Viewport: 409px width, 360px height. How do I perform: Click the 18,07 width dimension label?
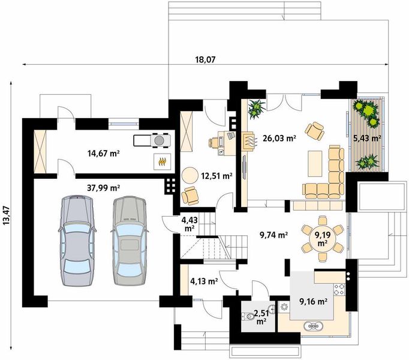coord(206,59)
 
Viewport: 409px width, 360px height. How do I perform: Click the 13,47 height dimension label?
coord(6,215)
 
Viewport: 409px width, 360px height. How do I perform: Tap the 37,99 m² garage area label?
coord(104,187)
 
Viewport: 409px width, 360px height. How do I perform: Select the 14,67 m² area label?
coord(103,153)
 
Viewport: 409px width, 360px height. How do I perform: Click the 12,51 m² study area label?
coord(216,176)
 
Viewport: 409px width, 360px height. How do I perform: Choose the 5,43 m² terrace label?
coord(367,138)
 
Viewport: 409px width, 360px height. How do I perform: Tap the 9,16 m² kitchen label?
coord(313,302)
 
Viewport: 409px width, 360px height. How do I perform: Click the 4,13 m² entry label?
coord(204,281)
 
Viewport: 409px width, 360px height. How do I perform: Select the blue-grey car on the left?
coord(77,240)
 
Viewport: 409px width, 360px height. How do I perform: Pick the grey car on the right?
coord(130,240)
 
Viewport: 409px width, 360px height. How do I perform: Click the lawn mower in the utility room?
coord(152,140)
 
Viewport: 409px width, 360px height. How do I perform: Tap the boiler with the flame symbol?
coord(163,161)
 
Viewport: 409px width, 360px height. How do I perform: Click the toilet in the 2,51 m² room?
coord(248,316)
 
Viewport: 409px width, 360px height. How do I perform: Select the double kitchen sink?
coord(313,326)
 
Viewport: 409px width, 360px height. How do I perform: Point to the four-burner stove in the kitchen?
coord(339,289)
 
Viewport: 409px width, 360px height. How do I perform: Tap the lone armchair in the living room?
coord(315,131)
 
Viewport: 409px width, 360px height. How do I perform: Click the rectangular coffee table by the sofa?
coord(315,163)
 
